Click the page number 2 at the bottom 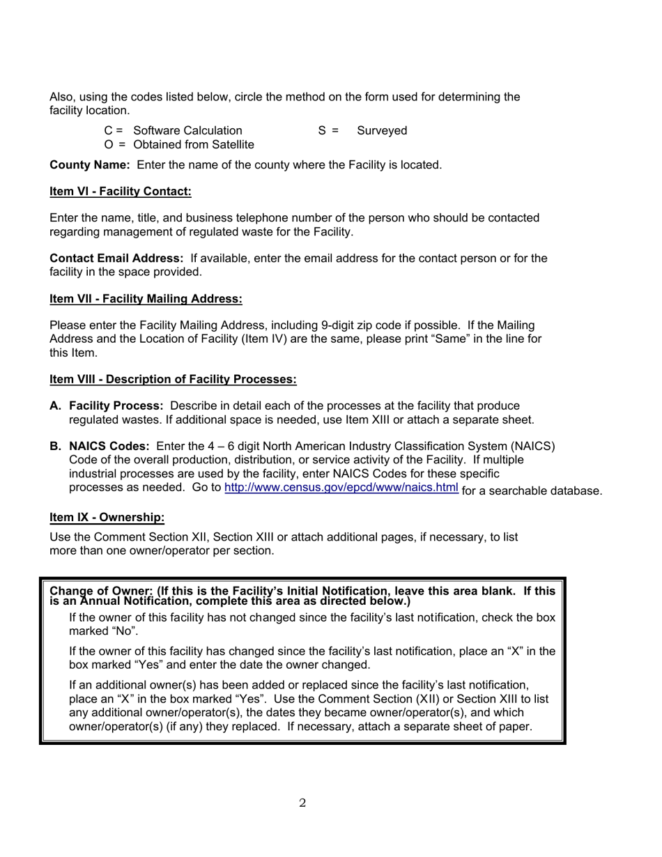click(x=302, y=803)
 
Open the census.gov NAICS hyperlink click(x=341, y=487)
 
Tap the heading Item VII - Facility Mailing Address click(x=146, y=299)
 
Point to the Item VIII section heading click(x=173, y=379)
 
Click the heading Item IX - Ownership click(x=107, y=517)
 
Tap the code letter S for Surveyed click(x=322, y=131)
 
